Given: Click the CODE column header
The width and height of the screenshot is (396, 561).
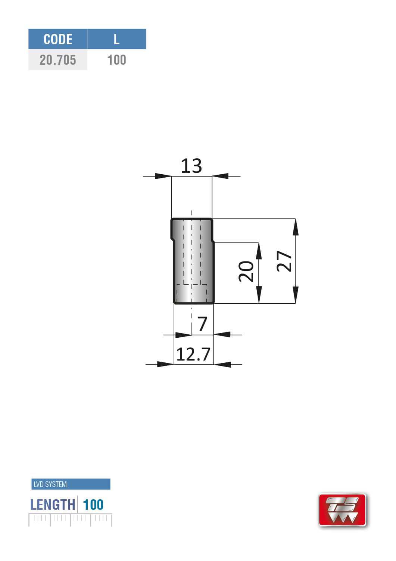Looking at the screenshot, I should click(58, 39).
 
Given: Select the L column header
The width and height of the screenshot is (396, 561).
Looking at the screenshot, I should click(116, 39).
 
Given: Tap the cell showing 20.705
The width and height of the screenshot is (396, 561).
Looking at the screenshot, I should click(58, 60).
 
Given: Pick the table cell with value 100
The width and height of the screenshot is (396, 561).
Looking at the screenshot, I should click(116, 60).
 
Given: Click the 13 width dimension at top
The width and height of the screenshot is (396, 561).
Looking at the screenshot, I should click(191, 166).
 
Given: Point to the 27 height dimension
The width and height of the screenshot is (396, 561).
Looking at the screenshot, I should click(284, 261).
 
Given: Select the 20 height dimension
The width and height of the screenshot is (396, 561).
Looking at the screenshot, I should click(246, 271).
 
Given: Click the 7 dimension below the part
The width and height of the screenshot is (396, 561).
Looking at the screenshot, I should click(202, 324).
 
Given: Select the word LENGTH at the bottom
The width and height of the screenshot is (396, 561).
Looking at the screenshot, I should click(53, 505).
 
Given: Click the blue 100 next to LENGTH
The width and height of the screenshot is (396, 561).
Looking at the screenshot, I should click(93, 505).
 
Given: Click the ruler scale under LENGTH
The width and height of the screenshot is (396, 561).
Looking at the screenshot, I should click(70, 519).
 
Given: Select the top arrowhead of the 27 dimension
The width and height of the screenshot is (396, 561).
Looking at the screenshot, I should click(296, 227).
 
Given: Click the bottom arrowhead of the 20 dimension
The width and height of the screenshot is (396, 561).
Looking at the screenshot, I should click(259, 295).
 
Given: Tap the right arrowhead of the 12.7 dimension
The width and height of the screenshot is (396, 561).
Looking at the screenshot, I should click(222, 364).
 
